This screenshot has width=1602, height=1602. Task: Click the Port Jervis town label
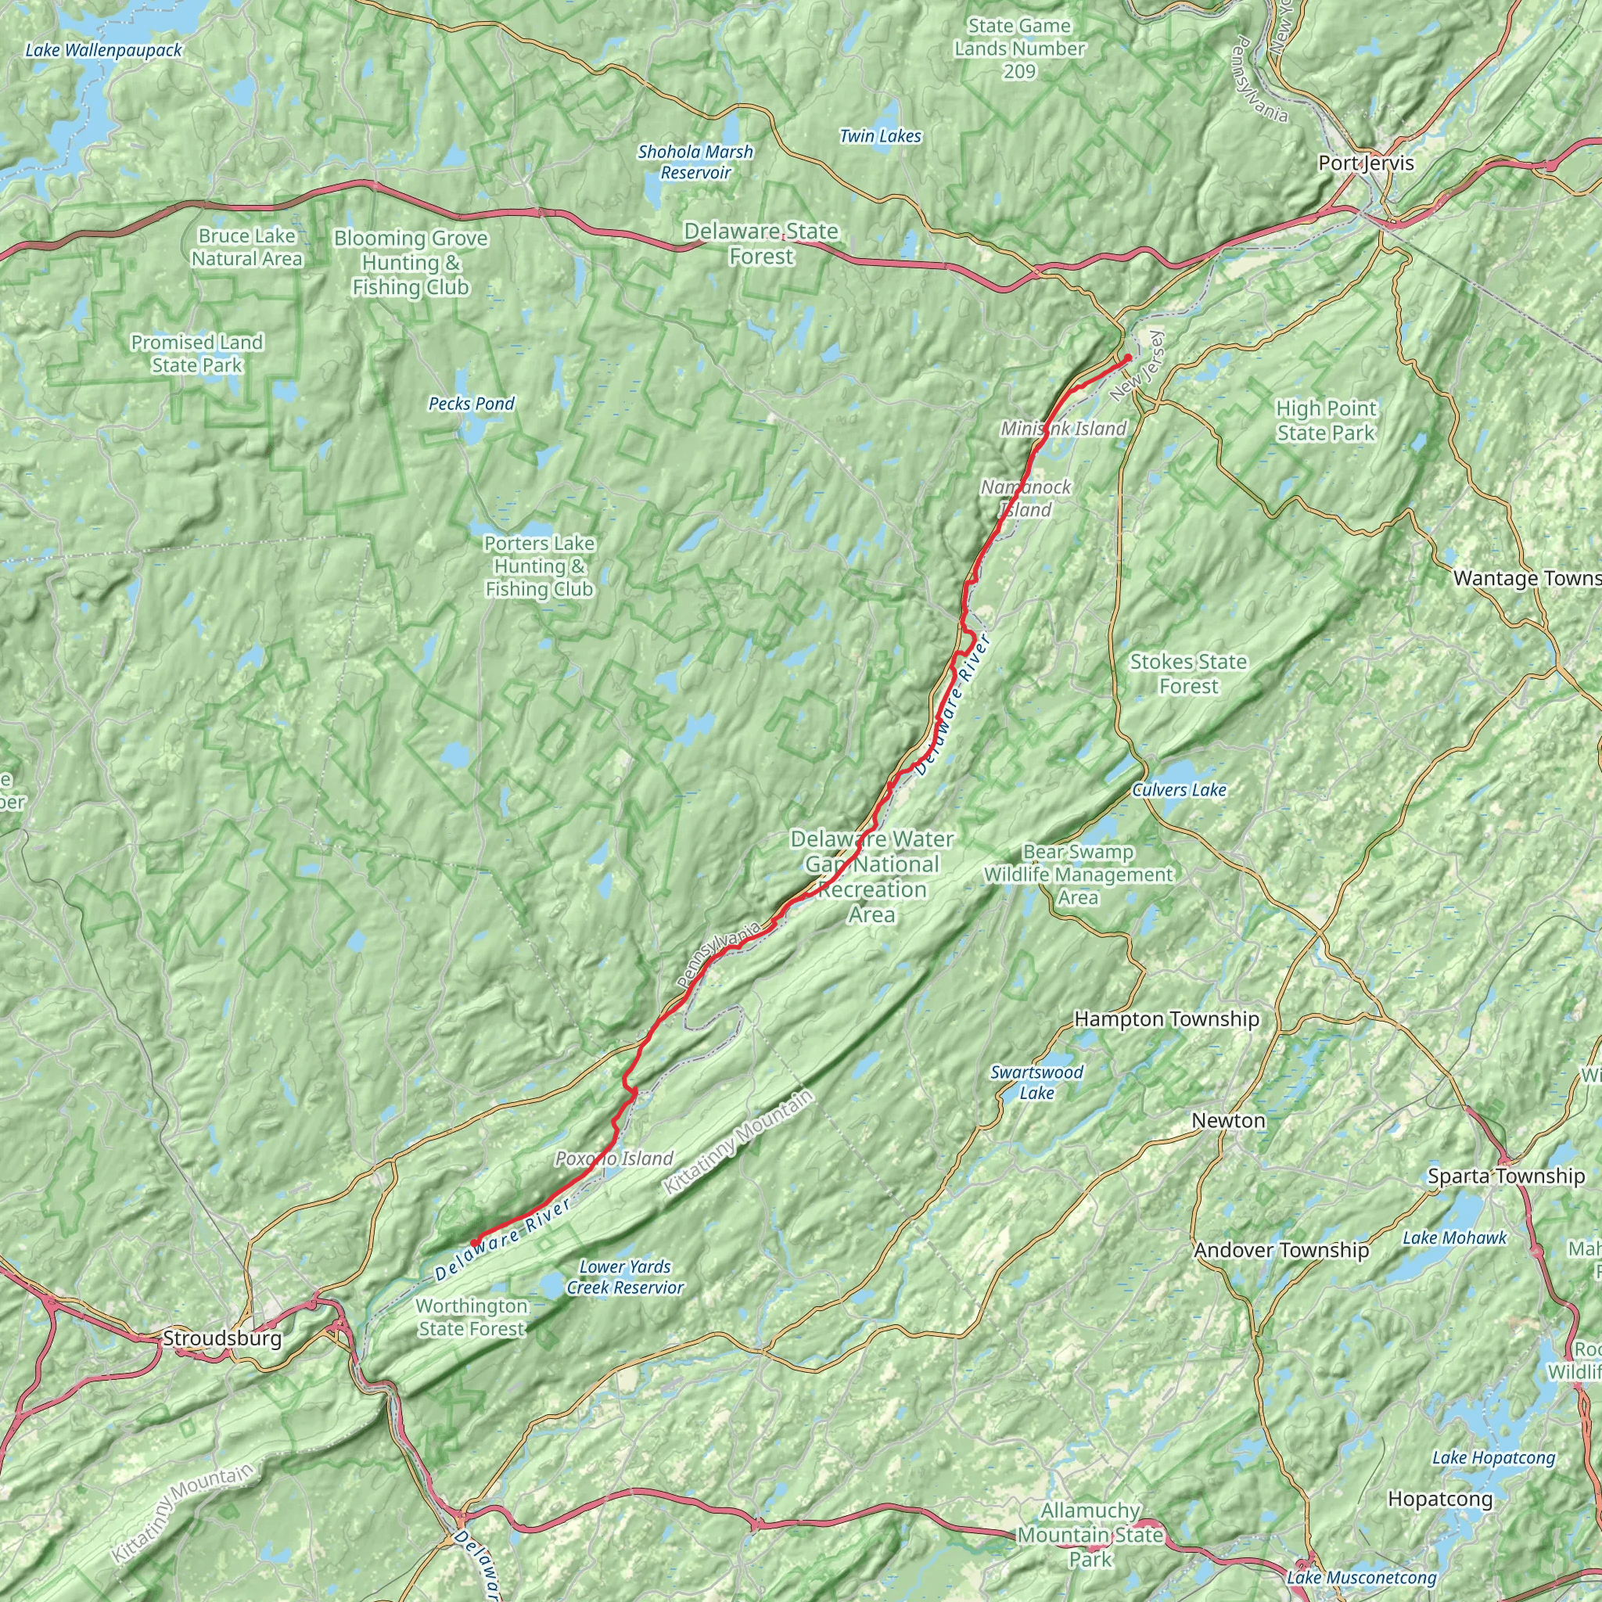pos(1366,163)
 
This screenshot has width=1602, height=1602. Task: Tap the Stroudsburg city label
pos(222,1338)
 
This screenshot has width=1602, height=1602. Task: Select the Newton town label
pos(1228,1120)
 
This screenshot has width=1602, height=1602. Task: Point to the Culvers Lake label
pos(1179,790)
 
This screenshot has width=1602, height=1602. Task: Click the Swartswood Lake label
pos(1036,1082)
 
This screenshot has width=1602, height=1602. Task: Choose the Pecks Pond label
pos(471,404)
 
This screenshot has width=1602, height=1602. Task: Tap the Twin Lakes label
pos(880,136)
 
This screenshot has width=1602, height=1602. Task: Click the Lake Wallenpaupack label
pos(104,51)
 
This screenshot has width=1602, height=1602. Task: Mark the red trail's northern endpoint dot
pos(1128,357)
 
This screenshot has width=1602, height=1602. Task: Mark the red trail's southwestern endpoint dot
pos(474,1241)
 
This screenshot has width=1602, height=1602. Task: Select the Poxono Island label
pos(614,1158)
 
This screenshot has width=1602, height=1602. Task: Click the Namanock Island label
pos(1025,498)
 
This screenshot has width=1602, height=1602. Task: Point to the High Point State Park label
pos(1326,420)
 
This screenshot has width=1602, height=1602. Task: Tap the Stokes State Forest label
pos(1188,673)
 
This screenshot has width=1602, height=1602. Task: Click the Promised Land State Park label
pos(196,354)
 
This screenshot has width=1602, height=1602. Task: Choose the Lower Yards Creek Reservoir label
pos(625,1277)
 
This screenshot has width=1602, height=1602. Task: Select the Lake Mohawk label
pos(1454,1238)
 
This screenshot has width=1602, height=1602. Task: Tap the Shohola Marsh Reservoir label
pos(695,163)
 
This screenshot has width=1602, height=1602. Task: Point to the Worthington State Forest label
pos(471,1316)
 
